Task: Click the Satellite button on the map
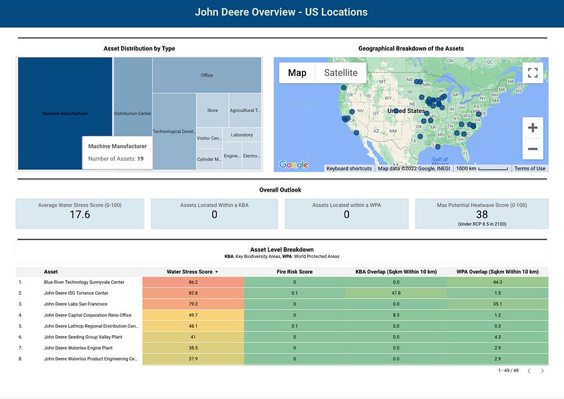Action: (341, 72)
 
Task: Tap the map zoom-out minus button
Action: (532, 149)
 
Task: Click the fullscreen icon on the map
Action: (532, 73)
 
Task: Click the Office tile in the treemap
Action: (207, 75)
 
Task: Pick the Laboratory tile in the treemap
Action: (241, 135)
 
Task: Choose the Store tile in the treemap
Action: (212, 110)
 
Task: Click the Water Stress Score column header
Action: (192, 272)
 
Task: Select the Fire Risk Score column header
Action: (294, 272)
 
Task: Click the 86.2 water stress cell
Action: (192, 283)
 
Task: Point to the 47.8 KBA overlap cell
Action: (395, 293)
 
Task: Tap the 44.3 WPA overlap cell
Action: (497, 283)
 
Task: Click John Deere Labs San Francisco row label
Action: (76, 304)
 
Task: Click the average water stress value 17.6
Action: (80, 215)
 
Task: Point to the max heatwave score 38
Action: (482, 214)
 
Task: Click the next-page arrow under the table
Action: (543, 371)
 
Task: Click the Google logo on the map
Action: (293, 165)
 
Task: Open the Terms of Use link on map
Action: (530, 169)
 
